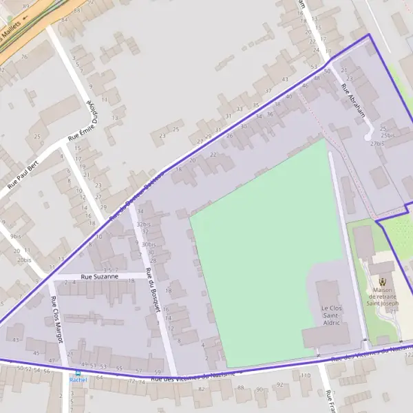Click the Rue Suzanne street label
click(100, 276)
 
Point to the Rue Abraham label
click(352, 100)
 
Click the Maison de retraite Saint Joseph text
click(383, 295)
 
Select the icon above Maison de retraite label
click(383, 280)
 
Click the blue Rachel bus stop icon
click(78, 372)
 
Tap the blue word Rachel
click(78, 380)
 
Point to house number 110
click(306, 375)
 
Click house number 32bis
click(144, 224)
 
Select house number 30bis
click(149, 244)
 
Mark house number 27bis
click(377, 144)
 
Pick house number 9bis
click(16, 236)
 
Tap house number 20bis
click(24, 260)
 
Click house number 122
click(408, 354)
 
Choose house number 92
click(279, 385)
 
